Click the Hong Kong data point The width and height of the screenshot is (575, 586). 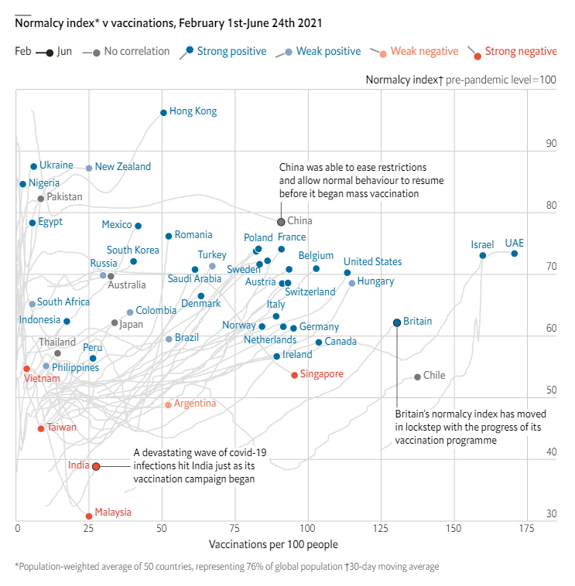[x=163, y=113]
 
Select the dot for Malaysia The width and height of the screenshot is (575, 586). [x=89, y=516]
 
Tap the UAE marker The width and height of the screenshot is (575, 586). [x=515, y=254]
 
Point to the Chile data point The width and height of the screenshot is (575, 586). [x=417, y=377]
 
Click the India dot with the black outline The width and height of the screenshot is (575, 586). [x=96, y=466]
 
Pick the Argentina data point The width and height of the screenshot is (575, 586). [x=169, y=405]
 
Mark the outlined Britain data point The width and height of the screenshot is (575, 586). [x=397, y=322]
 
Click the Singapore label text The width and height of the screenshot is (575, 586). [x=322, y=373]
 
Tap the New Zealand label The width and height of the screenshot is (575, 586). [x=123, y=167]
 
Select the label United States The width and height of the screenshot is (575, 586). [x=372, y=261]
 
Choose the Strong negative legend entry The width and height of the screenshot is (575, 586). [x=512, y=52]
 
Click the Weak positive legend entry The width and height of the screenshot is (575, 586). [x=318, y=52]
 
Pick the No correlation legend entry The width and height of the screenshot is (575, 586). [x=125, y=51]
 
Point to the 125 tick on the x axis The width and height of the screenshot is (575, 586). [x=381, y=529]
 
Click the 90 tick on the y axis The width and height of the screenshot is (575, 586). [x=551, y=144]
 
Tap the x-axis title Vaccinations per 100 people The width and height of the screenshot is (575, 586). [x=273, y=544]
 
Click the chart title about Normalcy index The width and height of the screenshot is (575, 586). [x=169, y=23]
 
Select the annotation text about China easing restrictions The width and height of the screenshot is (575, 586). [x=361, y=180]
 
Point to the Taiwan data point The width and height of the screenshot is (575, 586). [x=41, y=428]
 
